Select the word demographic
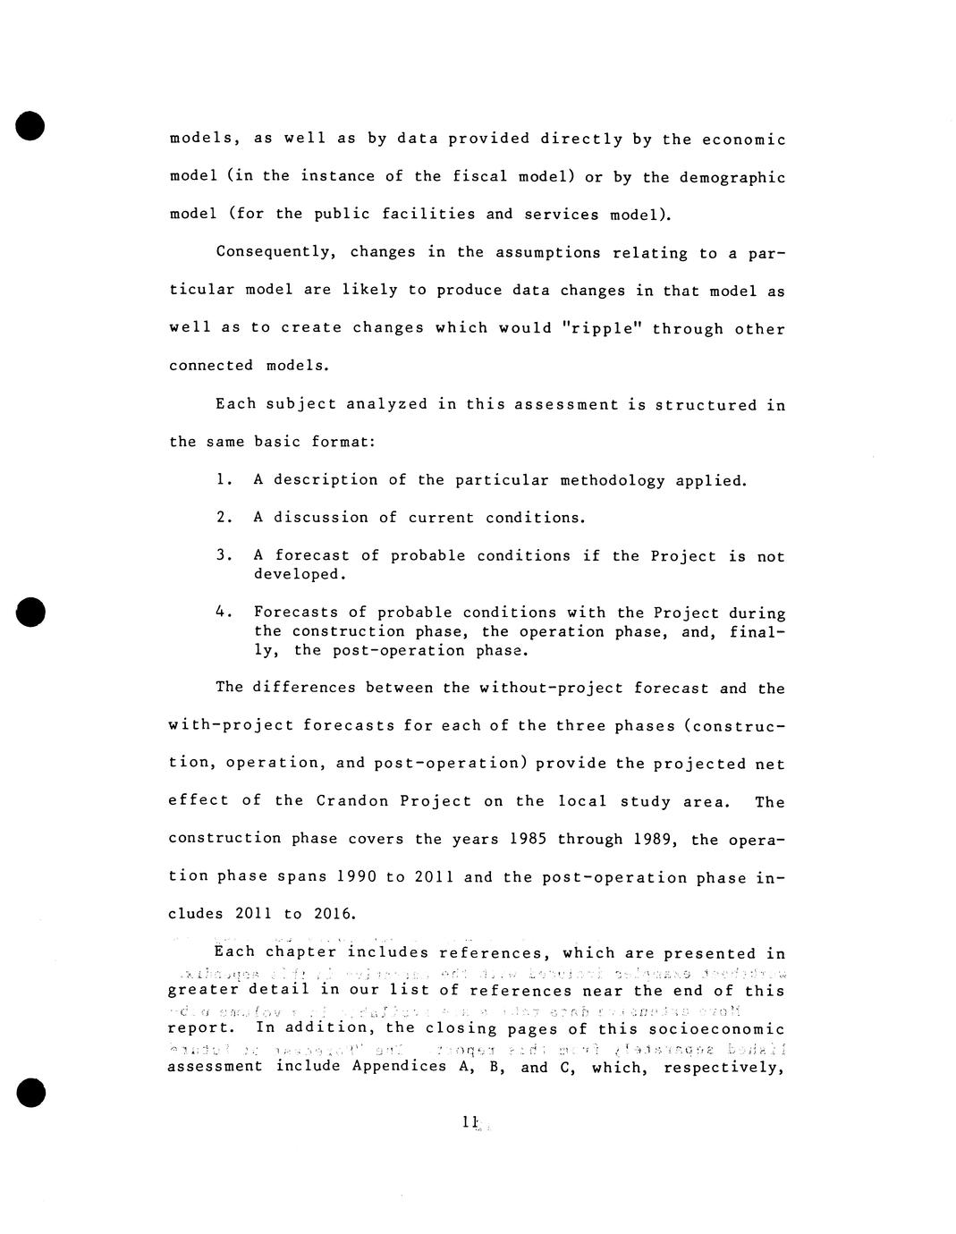pos(732,177)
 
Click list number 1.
pos(224,480)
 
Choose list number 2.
pos(224,517)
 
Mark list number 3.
pos(224,555)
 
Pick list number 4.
pos(224,613)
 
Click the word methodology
pos(612,481)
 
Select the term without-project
pos(550,689)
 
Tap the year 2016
pos(334,914)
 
